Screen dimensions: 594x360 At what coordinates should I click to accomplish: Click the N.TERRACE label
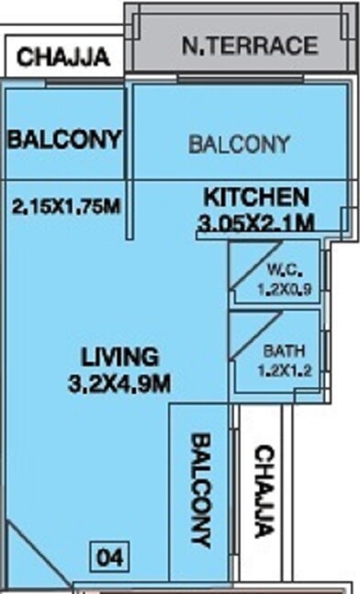click(249, 45)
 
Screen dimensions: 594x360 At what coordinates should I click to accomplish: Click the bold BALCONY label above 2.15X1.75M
click(63, 140)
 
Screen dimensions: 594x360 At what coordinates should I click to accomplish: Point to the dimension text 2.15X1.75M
click(67, 207)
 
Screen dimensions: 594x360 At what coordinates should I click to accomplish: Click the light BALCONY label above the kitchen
click(239, 144)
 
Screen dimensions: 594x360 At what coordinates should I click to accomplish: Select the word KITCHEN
click(255, 196)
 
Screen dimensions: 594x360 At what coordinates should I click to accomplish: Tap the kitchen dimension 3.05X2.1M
click(256, 222)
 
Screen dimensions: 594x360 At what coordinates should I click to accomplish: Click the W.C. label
click(281, 270)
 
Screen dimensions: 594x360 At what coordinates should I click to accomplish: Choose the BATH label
click(281, 351)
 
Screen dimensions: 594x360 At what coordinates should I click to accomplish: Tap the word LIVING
click(119, 356)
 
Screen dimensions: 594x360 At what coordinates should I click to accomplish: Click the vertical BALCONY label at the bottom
click(201, 491)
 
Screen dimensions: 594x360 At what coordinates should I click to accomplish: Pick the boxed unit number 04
click(109, 556)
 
